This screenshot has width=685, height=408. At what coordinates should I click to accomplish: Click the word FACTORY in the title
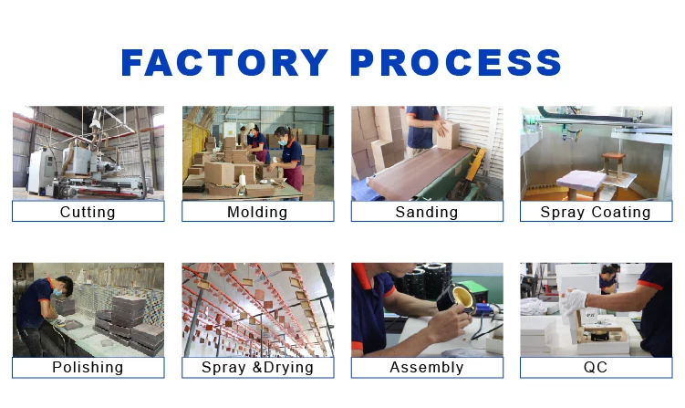(224, 63)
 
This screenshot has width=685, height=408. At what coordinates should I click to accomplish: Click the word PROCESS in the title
(456, 63)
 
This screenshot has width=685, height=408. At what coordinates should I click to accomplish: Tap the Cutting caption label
(88, 212)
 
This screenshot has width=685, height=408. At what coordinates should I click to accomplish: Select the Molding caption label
(257, 212)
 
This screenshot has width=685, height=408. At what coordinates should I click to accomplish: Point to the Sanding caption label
(427, 212)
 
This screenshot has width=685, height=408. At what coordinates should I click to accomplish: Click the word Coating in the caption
(621, 212)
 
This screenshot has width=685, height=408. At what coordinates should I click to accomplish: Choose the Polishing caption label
(88, 367)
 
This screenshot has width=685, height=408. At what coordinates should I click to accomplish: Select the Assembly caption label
(427, 367)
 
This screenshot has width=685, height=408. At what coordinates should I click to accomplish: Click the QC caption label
(596, 367)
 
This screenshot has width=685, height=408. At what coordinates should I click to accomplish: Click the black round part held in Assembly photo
(457, 298)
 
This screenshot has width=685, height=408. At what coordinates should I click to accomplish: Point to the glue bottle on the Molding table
(242, 178)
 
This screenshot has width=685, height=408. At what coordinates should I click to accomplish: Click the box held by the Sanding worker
(447, 136)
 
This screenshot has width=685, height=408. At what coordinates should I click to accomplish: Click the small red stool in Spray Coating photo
(613, 164)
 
